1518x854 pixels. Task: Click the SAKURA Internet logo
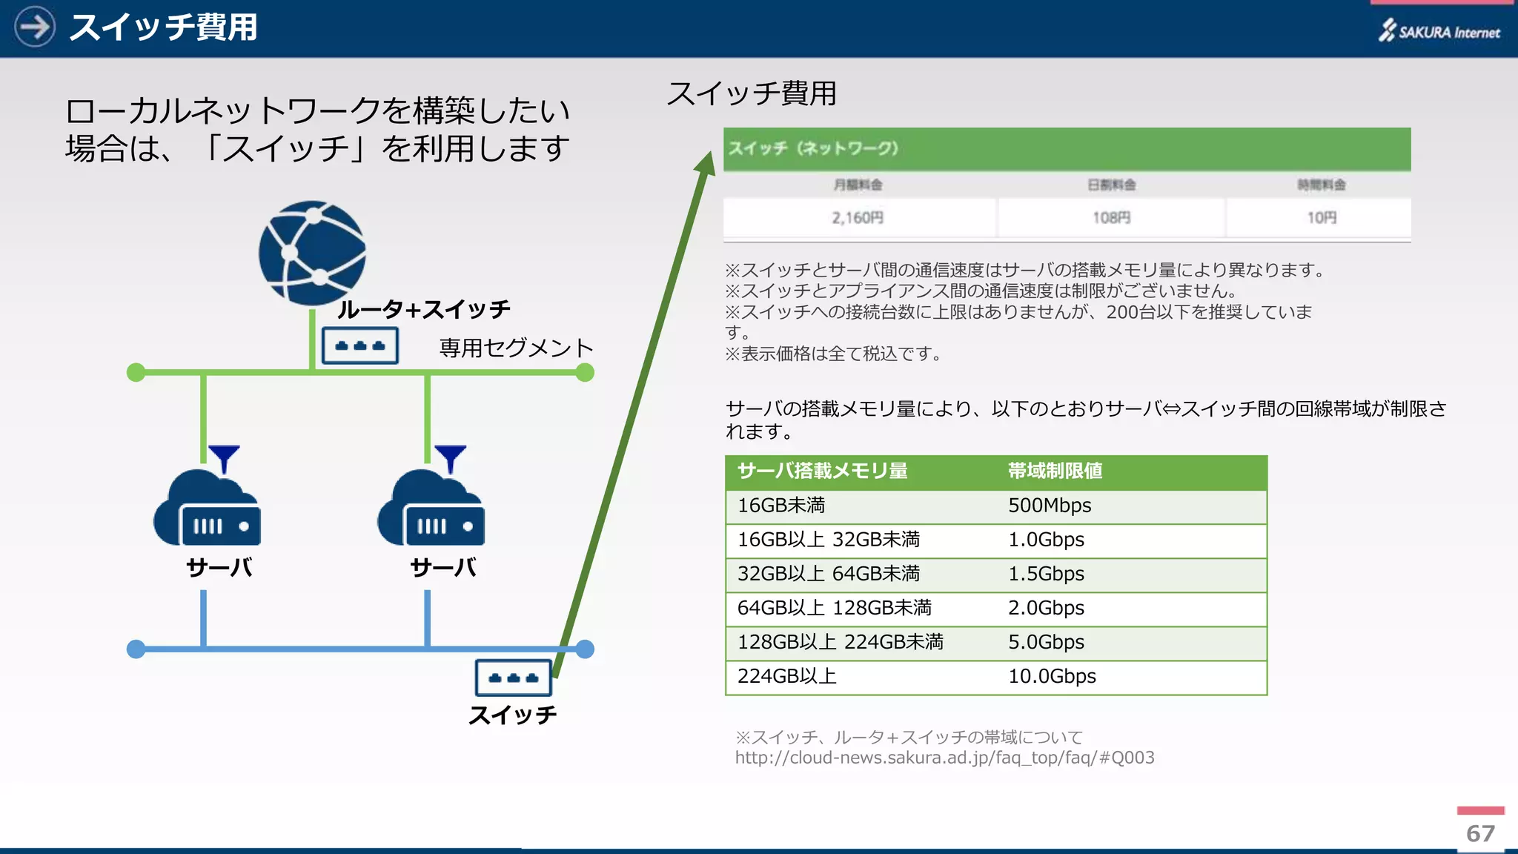click(x=1439, y=30)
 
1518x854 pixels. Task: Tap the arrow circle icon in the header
click(x=34, y=27)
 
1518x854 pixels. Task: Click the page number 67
click(x=1480, y=833)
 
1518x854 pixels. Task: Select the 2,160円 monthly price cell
click(x=858, y=218)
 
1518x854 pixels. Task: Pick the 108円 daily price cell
click(x=1111, y=218)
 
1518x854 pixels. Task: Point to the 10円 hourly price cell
click(x=1321, y=218)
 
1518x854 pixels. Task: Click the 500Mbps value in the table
click(x=1050, y=506)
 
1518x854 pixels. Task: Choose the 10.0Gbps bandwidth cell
click(x=1052, y=676)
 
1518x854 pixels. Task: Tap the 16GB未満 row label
click(x=781, y=506)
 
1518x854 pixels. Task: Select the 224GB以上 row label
click(x=786, y=676)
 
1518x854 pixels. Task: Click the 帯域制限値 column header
click(x=1055, y=471)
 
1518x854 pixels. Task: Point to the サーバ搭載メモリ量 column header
click(x=822, y=471)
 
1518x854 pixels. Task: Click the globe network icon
click(x=312, y=252)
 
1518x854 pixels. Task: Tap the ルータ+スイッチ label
click(x=423, y=309)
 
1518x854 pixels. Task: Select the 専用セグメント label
click(x=516, y=348)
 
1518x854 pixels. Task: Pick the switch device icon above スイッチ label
click(x=513, y=678)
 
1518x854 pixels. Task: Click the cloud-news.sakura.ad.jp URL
click(x=944, y=758)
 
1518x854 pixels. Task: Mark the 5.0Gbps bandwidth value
click(x=1046, y=642)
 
